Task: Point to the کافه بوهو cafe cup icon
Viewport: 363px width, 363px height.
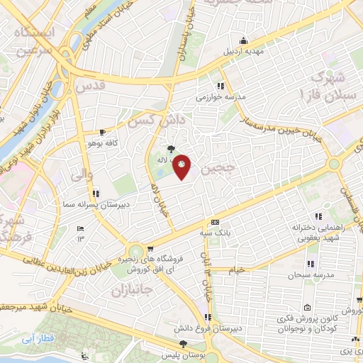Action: point(103,132)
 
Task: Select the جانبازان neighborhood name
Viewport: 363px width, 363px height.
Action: point(130,290)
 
